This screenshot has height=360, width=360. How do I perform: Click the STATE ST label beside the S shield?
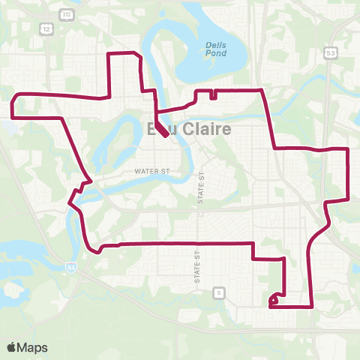point(196,265)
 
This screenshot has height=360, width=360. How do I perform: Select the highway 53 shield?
point(330,52)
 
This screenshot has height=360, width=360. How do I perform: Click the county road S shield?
point(218,291)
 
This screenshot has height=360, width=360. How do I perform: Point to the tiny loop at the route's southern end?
point(274,299)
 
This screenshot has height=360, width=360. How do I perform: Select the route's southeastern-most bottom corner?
point(311,307)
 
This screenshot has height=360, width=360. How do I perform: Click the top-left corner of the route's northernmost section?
point(112,54)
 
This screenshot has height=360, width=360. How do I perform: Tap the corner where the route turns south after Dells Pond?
point(262,90)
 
